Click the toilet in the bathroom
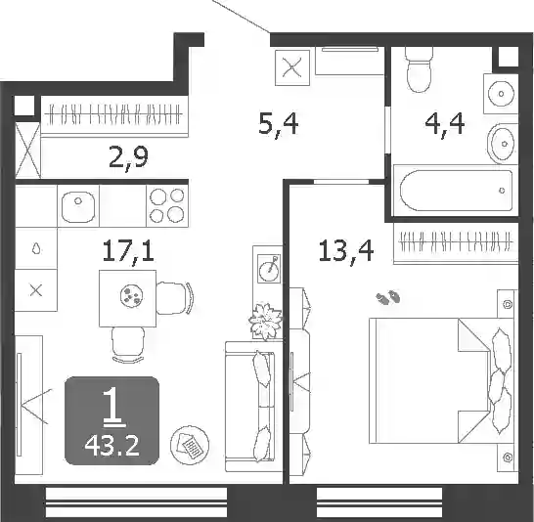pyautogui.click(x=419, y=69)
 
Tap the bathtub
pyautogui.click(x=456, y=191)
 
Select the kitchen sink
pyautogui.click(x=78, y=206)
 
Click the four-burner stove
pyautogui.click(x=167, y=205)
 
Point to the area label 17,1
pyautogui.click(x=128, y=251)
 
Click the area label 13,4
pyautogui.click(x=346, y=251)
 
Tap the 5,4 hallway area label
pyautogui.click(x=278, y=125)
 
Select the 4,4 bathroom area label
pyautogui.click(x=445, y=125)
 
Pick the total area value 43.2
pyautogui.click(x=112, y=447)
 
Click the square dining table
pyautogui.click(x=128, y=298)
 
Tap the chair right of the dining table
pyautogui.click(x=175, y=298)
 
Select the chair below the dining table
pyautogui.click(x=128, y=345)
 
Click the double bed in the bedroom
pyautogui.click(x=440, y=380)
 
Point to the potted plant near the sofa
pyautogui.click(x=266, y=322)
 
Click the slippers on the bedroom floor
pyautogui.click(x=388, y=297)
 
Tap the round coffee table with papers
pyautogui.click(x=190, y=445)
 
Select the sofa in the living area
pyautogui.click(x=249, y=407)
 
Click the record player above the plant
pyautogui.click(x=269, y=269)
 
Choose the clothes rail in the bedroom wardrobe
pyautogui.click(x=456, y=242)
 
